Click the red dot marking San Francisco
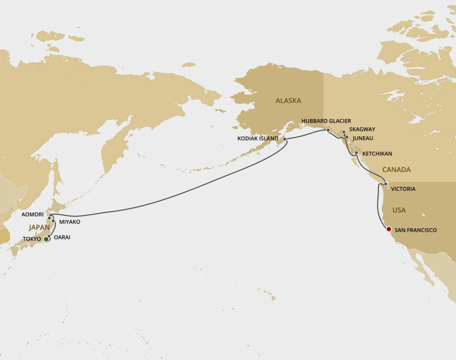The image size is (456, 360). click(x=389, y=229)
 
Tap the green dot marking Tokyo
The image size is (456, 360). click(x=46, y=239)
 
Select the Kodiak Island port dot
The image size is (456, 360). click(x=285, y=139)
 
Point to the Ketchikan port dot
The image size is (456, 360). click(x=356, y=153)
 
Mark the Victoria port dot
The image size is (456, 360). click(x=386, y=184)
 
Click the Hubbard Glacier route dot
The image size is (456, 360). click(x=328, y=130)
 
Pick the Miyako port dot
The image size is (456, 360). click(x=53, y=221)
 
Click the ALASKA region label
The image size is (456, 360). click(x=288, y=101)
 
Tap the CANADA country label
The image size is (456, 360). click(x=396, y=170)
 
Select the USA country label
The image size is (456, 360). click(x=399, y=210)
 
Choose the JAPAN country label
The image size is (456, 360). click(x=39, y=227)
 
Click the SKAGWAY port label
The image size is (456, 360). click(x=362, y=129)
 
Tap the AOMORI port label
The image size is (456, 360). click(x=32, y=215)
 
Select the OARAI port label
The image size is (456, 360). click(x=62, y=237)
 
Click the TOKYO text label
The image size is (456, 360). click(x=32, y=239)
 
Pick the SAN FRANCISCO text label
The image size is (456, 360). click(x=415, y=230)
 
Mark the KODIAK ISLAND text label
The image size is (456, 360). click(x=258, y=139)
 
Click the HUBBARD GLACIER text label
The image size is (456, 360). click(x=326, y=121)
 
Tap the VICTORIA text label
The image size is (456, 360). click(x=403, y=189)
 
